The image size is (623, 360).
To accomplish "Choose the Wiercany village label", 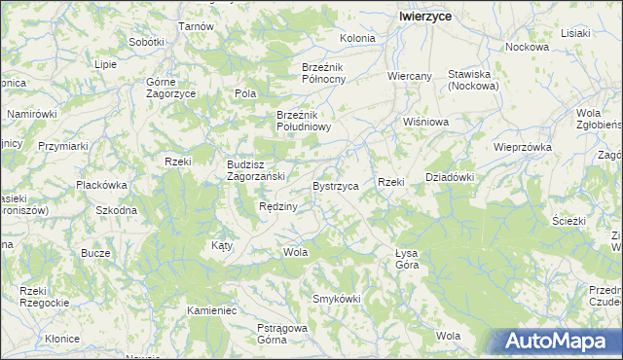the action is pos(409,75).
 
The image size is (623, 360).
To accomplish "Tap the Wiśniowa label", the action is pos(425,123).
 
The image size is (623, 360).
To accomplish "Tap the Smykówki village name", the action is pos(336,299).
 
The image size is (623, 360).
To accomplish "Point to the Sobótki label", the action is pos(146,43).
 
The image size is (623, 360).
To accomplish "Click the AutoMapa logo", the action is pos(558,342).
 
